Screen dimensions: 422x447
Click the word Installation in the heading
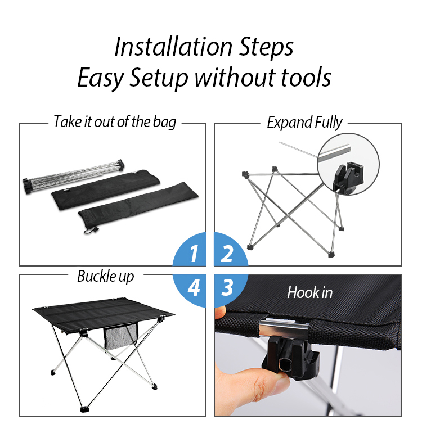tap(173, 47)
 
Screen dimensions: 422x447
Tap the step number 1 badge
tap(190, 250)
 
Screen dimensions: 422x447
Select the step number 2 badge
tap(231, 250)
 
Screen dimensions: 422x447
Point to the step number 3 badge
tap(231, 291)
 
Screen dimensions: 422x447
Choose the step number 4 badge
tap(190, 291)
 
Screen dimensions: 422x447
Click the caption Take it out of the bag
tap(115, 122)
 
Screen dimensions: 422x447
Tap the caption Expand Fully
tap(304, 123)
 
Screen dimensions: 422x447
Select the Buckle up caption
tap(106, 276)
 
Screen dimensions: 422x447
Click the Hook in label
tap(310, 292)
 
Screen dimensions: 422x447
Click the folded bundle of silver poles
tap(74, 175)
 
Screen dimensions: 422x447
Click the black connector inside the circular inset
tap(348, 178)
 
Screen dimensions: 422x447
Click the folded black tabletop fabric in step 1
tap(106, 189)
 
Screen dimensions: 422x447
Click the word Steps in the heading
tap(266, 47)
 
